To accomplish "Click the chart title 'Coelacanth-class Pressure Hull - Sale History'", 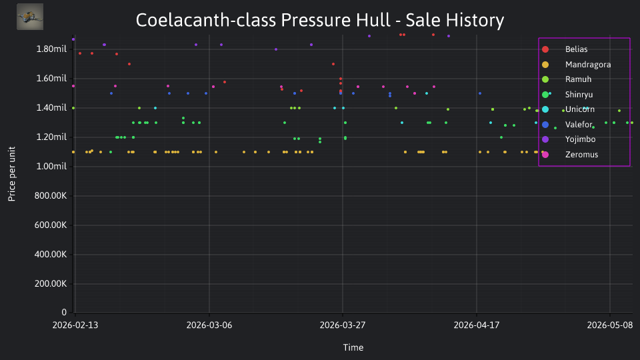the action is (x=319, y=20).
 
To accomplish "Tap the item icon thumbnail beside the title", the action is (x=30, y=17).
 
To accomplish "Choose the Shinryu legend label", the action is (x=579, y=95).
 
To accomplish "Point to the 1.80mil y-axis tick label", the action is (x=51, y=49).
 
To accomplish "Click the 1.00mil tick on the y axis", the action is (x=51, y=167).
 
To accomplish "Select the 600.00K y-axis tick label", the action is (x=51, y=225).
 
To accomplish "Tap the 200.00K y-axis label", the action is (x=51, y=284).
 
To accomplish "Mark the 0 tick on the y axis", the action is (x=64, y=312).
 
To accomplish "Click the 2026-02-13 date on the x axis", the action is (x=75, y=325).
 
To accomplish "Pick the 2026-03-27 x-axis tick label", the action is (x=343, y=325).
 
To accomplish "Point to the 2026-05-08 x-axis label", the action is (x=610, y=325).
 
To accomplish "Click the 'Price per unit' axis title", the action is (x=12, y=174).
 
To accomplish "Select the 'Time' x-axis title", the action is (x=353, y=347).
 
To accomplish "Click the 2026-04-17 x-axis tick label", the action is (x=476, y=325).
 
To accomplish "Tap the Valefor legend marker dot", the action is (x=545, y=125).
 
